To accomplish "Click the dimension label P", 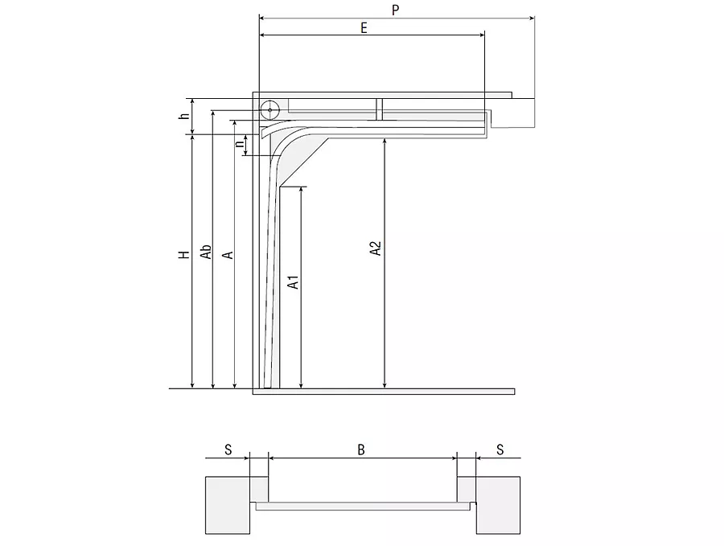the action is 395,10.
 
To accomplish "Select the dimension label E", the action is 364,28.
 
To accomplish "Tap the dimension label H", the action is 184,255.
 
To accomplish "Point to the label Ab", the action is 206,252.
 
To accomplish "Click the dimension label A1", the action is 293,282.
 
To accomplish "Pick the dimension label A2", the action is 376,248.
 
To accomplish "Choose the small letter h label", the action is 184,116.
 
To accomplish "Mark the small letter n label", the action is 239,144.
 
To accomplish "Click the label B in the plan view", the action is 361,450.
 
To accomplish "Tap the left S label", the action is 228,450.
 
